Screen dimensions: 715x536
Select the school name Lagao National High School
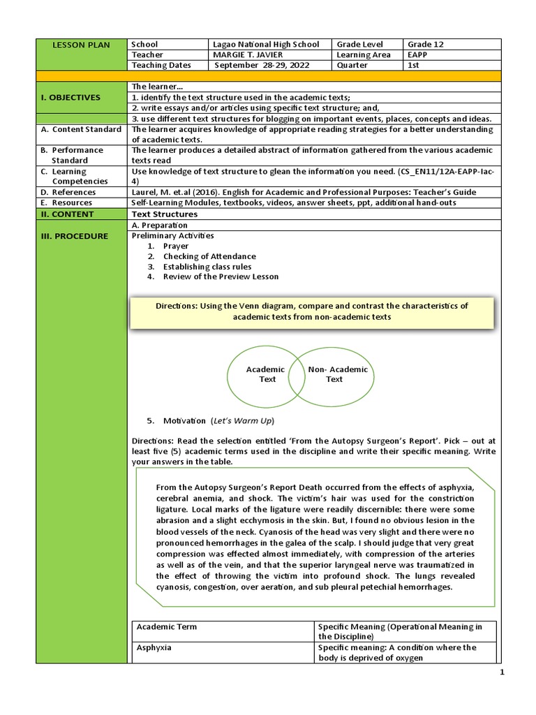[x=265, y=44]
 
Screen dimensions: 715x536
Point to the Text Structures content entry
[x=165, y=214]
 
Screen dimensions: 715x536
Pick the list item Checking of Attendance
[x=209, y=256]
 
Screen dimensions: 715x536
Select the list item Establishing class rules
[x=207, y=267]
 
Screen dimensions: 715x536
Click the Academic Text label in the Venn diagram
[x=266, y=374]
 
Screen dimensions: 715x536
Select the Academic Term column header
[x=167, y=626]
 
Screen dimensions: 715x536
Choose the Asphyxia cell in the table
[x=154, y=647]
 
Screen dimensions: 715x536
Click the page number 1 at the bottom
[x=501, y=672]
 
